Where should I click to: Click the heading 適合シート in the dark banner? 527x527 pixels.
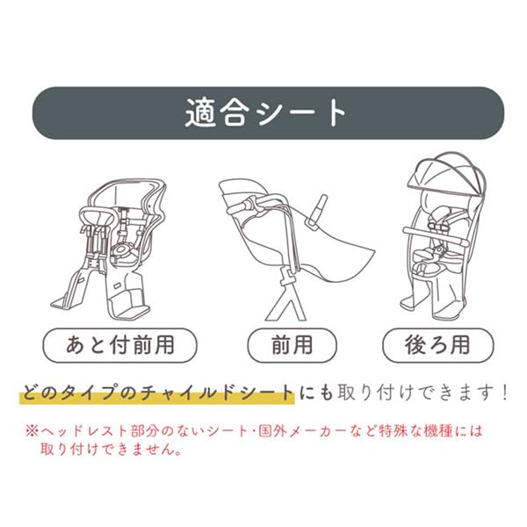pos(263,114)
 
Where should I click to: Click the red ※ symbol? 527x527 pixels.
pos(30,432)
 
